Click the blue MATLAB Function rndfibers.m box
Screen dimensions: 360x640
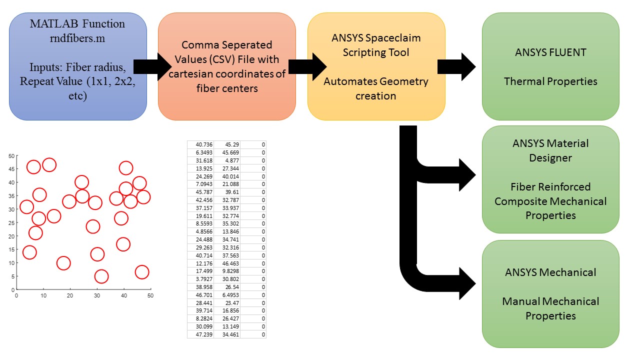pos(77,66)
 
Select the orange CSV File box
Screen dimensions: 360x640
pos(226,66)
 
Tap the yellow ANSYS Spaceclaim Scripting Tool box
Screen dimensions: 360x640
pos(376,66)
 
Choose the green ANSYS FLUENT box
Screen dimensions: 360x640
pos(550,66)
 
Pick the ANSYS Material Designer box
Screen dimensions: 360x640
pos(550,179)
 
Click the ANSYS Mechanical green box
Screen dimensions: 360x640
pos(550,294)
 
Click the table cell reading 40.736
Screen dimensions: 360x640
pos(201,144)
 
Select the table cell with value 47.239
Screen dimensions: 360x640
pos(201,334)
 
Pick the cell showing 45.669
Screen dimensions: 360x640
pos(227,152)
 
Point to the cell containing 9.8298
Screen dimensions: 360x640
pos(227,271)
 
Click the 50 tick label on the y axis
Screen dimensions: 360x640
pos(11,155)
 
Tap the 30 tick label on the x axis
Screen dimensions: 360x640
pos(96,295)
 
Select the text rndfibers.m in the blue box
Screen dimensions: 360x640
pos(77,38)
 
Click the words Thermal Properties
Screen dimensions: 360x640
pos(550,81)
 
